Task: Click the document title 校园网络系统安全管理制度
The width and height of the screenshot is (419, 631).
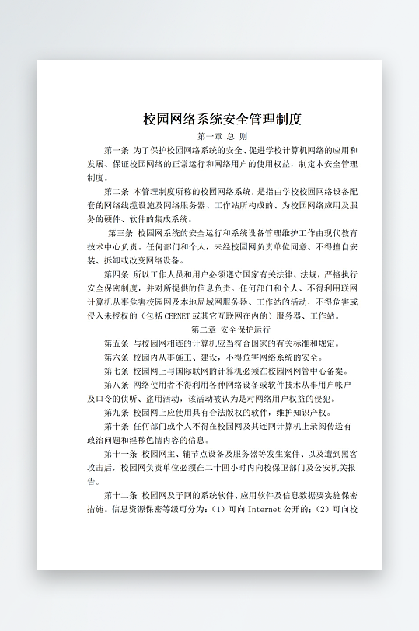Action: [222, 120]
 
